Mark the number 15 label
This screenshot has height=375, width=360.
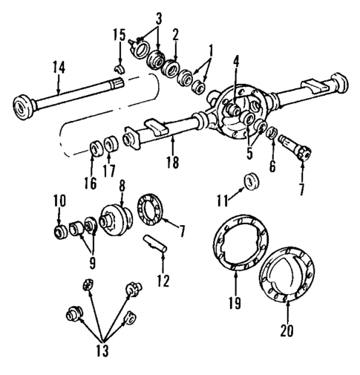pos(120,35)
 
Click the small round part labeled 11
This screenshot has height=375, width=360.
pos(251,180)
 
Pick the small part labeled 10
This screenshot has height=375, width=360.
pos(59,232)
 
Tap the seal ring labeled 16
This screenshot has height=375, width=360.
pos(95,146)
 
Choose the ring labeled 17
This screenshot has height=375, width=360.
pos(111,143)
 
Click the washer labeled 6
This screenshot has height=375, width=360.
pos(272,134)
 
